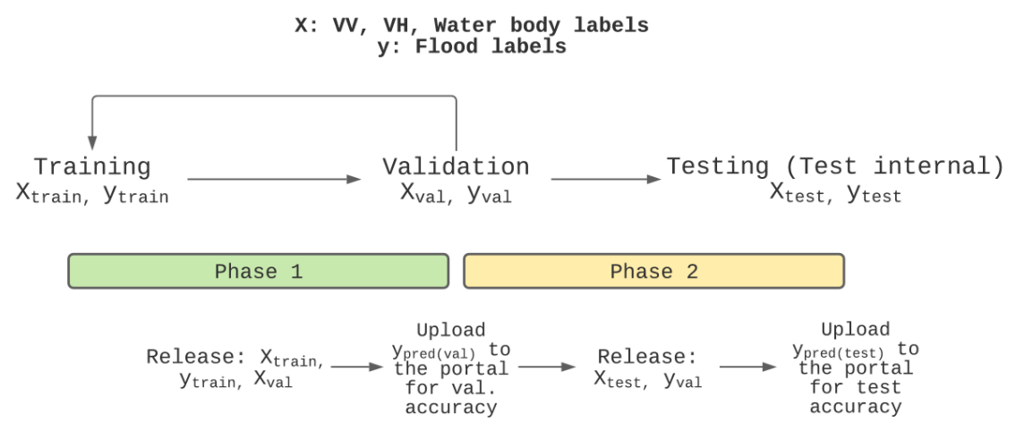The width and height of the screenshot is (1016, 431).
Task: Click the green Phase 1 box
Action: pos(259,271)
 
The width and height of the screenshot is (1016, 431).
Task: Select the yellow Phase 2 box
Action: pos(653,271)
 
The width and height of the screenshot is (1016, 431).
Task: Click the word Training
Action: pos(92,167)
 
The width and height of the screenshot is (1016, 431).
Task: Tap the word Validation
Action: pos(456,166)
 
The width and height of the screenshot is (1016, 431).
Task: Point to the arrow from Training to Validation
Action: pos(273,179)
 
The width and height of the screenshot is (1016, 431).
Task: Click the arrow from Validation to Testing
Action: pos(606,179)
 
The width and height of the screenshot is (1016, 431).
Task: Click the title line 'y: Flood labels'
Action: pos(472,47)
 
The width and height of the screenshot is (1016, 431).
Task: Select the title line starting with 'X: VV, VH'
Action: pos(472,26)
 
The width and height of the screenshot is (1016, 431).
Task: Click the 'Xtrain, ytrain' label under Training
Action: pos(92,194)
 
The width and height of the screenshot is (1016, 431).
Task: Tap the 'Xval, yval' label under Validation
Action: pos(456,194)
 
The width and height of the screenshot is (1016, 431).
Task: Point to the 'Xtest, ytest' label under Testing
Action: pos(835,193)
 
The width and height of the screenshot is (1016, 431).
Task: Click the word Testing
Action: pos(718,166)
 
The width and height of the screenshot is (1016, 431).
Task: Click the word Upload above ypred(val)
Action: pos(451,331)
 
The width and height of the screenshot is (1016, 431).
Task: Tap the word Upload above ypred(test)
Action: pos(856,330)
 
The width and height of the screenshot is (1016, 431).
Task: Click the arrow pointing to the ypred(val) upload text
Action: pos(357,367)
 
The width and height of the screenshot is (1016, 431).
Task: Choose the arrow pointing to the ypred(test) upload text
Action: pos(747,367)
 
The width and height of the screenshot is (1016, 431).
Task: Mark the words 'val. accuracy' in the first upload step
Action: pos(451,399)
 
